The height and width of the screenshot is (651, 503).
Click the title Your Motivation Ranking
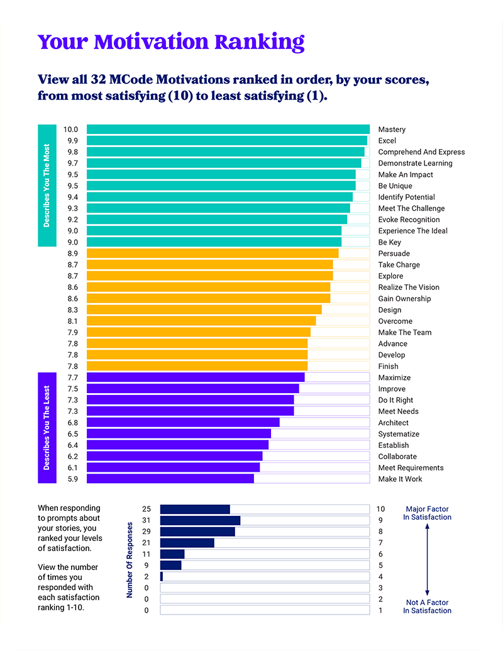(171, 42)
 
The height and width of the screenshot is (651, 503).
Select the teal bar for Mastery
(228, 130)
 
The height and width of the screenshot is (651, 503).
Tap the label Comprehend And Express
(421, 152)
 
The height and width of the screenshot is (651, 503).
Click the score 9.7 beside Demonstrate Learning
(72, 164)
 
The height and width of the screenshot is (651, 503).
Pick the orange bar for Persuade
(212, 253)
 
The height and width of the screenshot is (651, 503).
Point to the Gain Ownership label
(404, 299)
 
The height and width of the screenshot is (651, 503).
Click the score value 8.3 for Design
(72, 310)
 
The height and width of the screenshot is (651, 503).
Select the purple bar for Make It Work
(170, 479)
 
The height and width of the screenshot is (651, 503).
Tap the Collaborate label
(397, 457)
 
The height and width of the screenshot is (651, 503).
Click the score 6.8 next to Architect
(72, 423)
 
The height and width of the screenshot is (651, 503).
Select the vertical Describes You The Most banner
(47, 186)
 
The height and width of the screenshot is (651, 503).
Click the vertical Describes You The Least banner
(47, 428)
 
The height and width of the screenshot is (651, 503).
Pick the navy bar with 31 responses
(200, 520)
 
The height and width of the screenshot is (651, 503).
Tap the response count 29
(146, 531)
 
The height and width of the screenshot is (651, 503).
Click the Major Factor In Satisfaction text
(427, 513)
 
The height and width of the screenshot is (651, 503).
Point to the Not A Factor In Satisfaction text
(427, 606)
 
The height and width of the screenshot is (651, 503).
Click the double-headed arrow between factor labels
(427, 560)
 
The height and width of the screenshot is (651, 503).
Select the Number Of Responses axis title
(130, 559)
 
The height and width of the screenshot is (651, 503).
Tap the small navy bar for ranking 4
(162, 577)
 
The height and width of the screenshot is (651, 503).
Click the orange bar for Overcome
(201, 321)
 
